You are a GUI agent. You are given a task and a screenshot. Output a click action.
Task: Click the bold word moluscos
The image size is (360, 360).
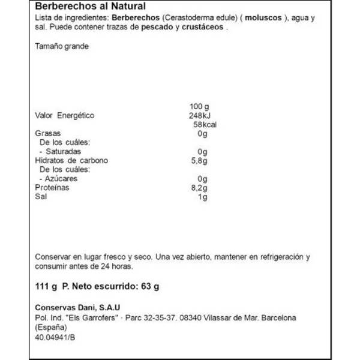tap(257, 18)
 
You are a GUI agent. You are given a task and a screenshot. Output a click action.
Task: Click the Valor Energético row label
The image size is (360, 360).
tap(65, 116)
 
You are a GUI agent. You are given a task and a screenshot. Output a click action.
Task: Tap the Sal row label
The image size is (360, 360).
tap(41, 197)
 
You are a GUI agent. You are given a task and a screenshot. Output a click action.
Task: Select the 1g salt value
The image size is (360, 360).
tap(202, 197)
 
